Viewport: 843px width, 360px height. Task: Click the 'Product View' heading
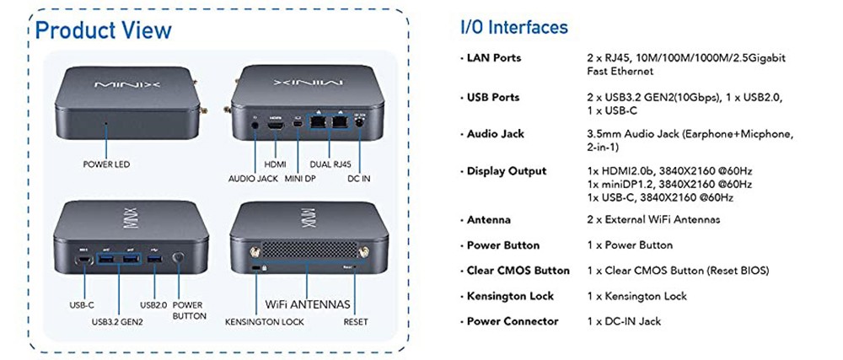[103, 31]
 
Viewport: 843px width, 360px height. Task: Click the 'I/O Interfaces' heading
[513, 27]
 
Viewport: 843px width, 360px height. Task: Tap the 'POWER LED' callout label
[106, 164]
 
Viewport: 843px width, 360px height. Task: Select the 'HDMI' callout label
[276, 164]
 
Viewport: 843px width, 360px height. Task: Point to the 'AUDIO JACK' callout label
[253, 179]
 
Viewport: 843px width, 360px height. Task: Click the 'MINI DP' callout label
[301, 179]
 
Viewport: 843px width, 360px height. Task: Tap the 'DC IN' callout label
[360, 179]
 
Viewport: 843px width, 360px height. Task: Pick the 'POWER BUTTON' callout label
[189, 310]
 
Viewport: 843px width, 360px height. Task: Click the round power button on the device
[178, 259]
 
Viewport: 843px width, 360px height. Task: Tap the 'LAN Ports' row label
[494, 58]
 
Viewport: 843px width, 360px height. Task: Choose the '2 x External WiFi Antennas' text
[652, 220]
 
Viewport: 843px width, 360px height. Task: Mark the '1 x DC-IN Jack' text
[624, 321]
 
